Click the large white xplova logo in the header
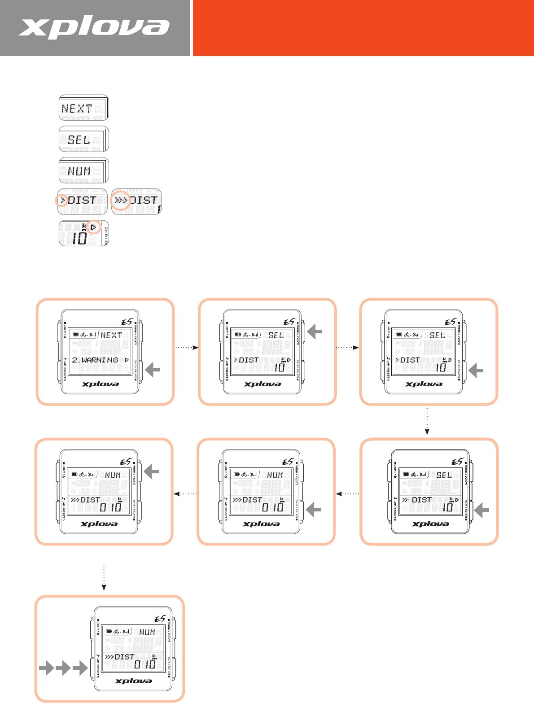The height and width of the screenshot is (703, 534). point(94,28)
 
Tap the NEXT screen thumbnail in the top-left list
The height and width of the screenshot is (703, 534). point(83,108)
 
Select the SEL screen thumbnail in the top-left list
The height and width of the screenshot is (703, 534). point(83,139)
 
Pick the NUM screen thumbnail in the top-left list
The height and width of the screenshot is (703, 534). point(83,170)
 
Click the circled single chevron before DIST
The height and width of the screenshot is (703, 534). point(62,201)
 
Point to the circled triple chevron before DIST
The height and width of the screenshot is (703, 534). point(120,201)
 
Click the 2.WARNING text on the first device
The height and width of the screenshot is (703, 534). point(95,360)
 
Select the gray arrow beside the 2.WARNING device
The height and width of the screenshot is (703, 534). point(153,370)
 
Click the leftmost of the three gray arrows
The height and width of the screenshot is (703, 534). point(46,670)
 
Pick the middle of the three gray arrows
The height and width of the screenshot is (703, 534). point(63,670)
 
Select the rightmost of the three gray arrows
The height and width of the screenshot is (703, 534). point(80,670)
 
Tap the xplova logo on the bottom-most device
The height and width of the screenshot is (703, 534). point(133,681)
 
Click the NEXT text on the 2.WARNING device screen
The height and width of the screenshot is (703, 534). point(111,335)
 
